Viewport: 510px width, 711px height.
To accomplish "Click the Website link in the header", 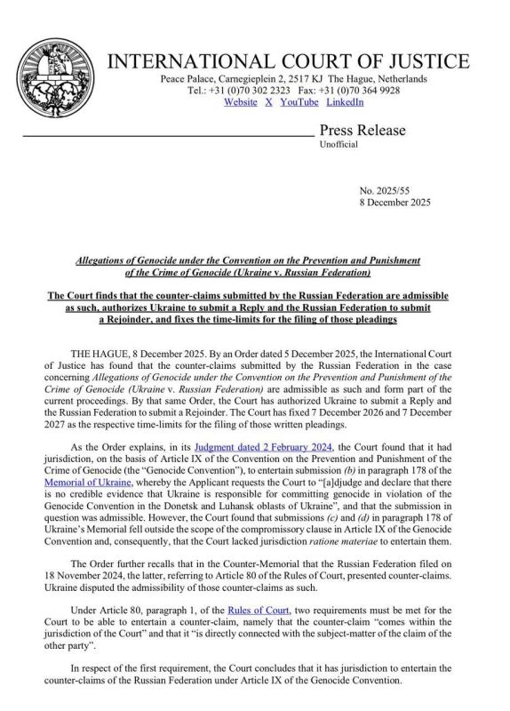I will tap(241, 103).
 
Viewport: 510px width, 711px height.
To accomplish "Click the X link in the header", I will tap(269, 103).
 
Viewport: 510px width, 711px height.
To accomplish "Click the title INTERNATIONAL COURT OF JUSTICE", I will tap(289, 62).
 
